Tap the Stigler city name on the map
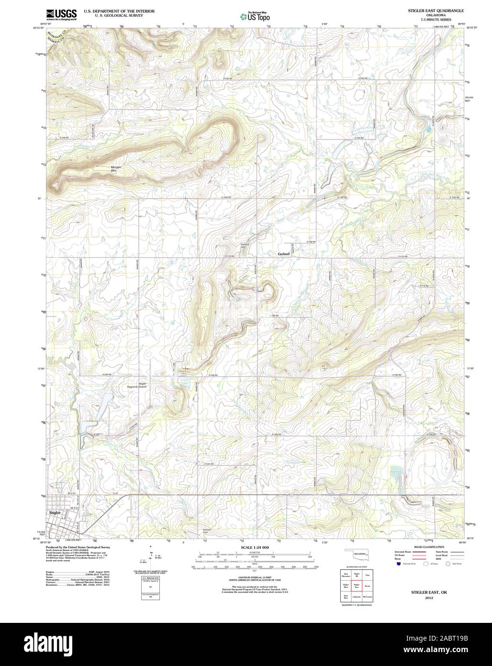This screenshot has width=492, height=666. pos(56,512)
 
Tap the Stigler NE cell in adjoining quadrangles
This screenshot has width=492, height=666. pos(357,574)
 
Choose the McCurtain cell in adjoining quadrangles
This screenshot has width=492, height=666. pos(368,597)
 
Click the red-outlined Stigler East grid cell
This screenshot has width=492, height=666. pos(357,586)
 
